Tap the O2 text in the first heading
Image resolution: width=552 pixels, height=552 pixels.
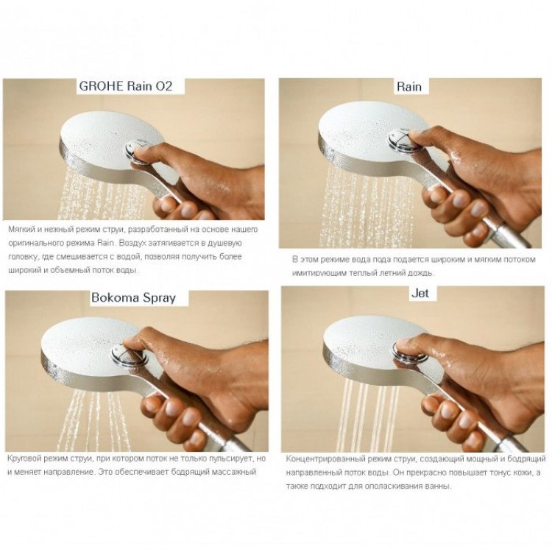(x=163, y=86)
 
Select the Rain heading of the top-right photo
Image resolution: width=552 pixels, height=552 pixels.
(x=409, y=87)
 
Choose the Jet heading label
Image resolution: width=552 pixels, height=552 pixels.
(x=420, y=293)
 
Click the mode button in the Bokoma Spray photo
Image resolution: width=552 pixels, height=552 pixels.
(x=129, y=355)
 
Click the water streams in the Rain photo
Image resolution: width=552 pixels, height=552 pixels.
(x=368, y=208)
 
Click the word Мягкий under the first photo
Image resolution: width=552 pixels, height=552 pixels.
(x=21, y=230)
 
